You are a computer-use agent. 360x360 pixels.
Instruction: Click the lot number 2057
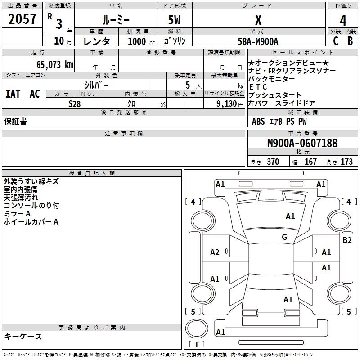(x=22, y=19)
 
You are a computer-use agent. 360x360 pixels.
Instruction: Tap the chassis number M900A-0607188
(x=302, y=143)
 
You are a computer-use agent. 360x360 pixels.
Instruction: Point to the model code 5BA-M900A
(x=258, y=41)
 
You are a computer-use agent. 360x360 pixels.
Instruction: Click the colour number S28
(x=75, y=103)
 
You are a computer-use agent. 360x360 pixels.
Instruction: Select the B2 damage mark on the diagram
(x=347, y=240)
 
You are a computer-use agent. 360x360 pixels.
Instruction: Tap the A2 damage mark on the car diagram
(x=215, y=252)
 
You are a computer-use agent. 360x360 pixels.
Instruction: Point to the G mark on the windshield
(x=284, y=237)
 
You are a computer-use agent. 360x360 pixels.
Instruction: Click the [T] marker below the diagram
(x=196, y=345)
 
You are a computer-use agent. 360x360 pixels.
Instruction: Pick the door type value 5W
(x=175, y=19)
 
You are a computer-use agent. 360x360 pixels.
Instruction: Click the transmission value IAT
(x=13, y=94)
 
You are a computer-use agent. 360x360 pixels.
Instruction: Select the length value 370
(x=273, y=162)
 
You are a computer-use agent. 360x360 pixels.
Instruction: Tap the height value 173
(x=346, y=162)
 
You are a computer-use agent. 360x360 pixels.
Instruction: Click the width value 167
(x=310, y=162)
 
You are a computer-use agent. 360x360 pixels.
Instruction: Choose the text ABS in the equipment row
(x=258, y=121)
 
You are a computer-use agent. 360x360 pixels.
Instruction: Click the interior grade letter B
(x=350, y=40)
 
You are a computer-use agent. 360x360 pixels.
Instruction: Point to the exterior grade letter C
(x=335, y=40)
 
